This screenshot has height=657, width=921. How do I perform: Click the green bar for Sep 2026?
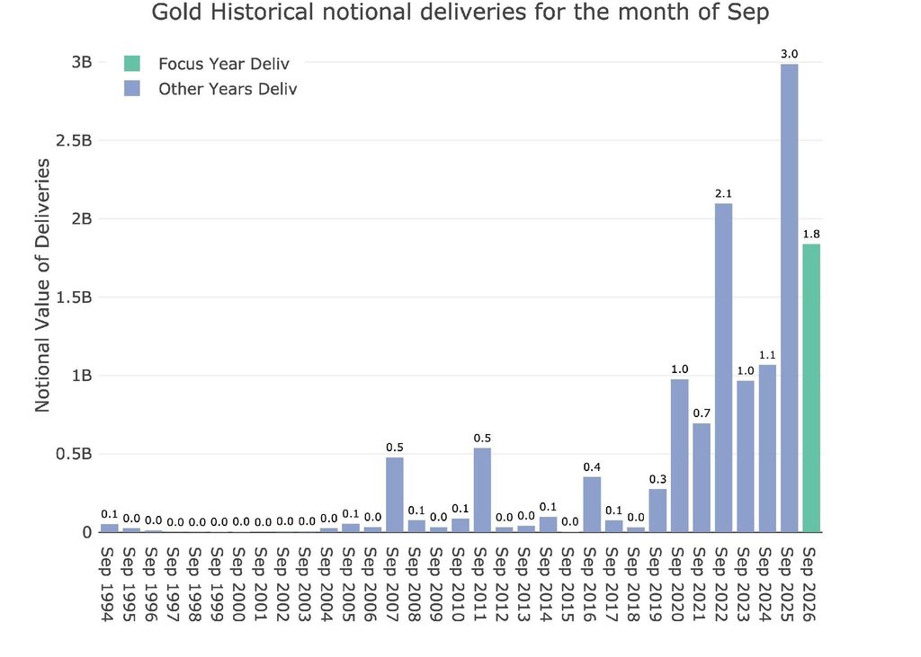(811, 388)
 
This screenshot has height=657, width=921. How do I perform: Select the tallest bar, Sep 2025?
(790, 298)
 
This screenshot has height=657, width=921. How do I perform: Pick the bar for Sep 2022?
(724, 368)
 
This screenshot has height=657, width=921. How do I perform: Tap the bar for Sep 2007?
(395, 495)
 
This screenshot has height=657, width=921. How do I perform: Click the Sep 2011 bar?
(482, 490)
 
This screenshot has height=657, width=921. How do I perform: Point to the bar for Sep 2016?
(592, 504)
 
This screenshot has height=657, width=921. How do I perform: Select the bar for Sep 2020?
(680, 456)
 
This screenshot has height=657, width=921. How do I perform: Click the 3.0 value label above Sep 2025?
(790, 54)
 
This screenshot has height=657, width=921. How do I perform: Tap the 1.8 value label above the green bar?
(811, 235)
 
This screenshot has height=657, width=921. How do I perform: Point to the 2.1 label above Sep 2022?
(724, 194)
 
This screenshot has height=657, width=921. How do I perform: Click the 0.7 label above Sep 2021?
(702, 413)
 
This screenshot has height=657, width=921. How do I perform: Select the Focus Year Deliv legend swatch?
(132, 64)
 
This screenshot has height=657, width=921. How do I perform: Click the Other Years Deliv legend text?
(228, 89)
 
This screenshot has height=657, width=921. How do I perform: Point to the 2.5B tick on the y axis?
(74, 140)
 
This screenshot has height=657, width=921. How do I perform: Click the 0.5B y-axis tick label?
(74, 454)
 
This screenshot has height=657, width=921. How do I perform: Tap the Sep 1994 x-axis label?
(108, 583)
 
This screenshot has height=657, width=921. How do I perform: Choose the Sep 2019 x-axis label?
(657, 583)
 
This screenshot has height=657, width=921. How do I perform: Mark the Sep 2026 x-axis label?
(810, 583)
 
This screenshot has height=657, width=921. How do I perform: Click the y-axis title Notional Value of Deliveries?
(42, 285)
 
